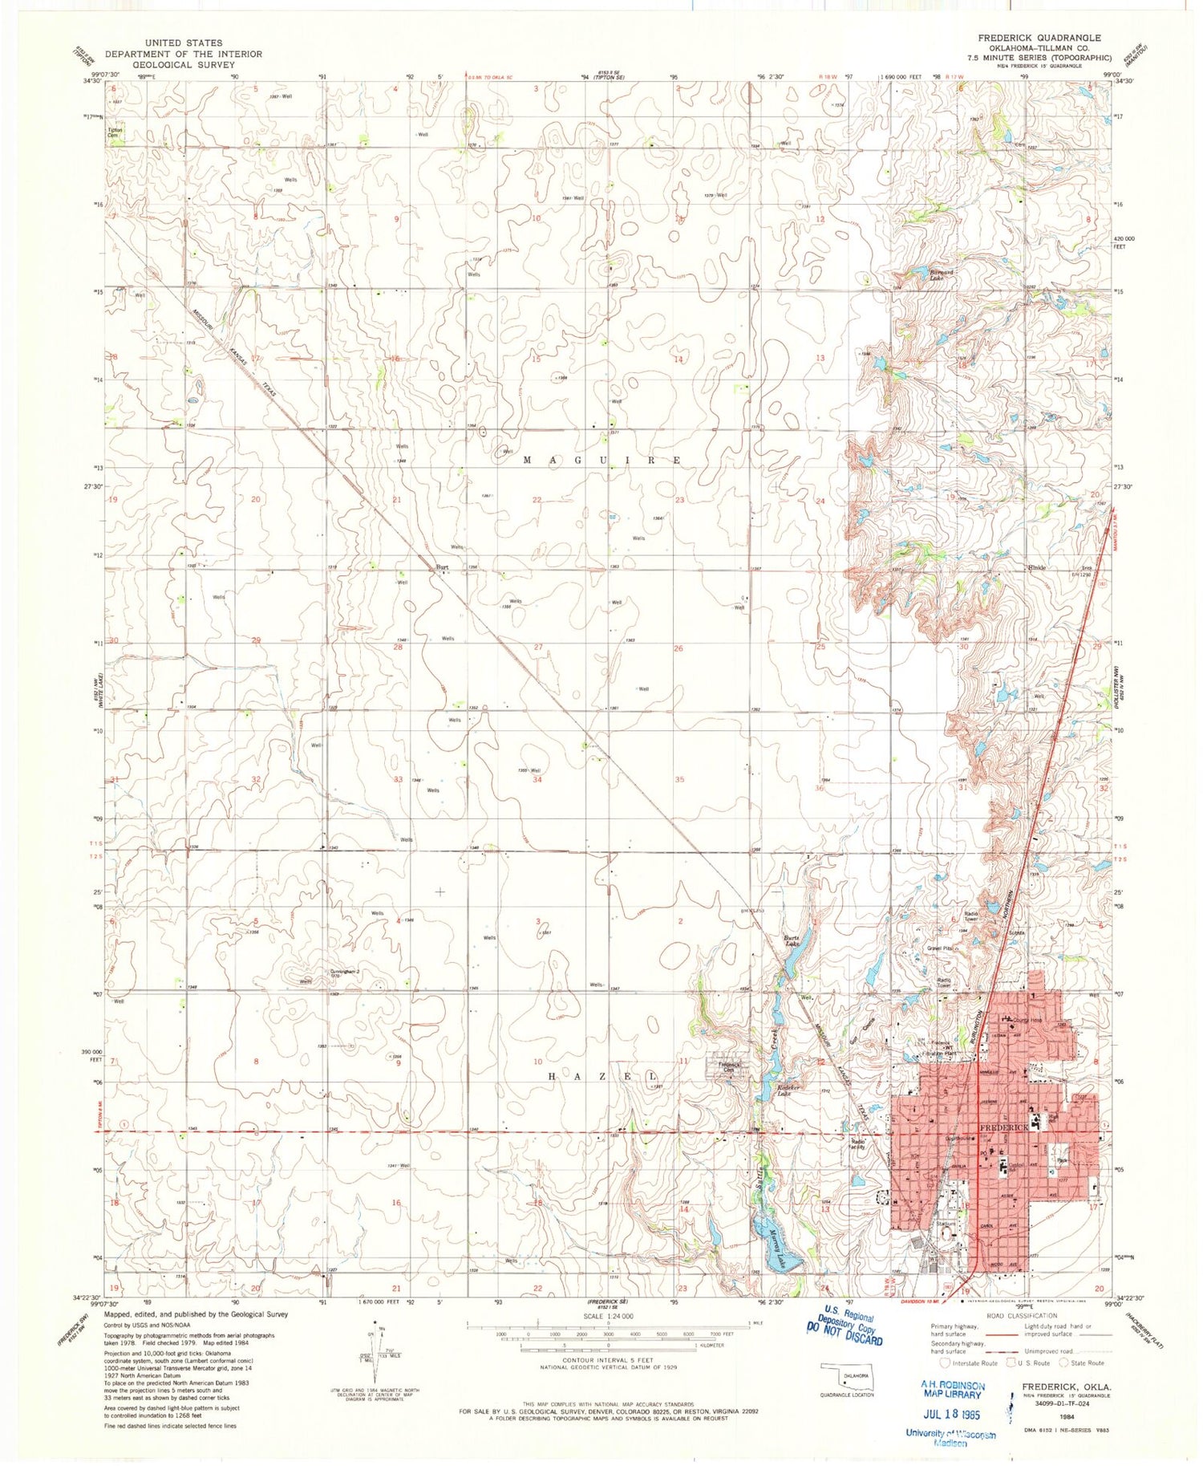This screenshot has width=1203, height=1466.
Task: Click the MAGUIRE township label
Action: (x=602, y=460)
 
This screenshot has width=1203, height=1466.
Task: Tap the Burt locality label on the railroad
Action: (x=441, y=567)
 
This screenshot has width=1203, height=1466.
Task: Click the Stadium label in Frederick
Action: (x=946, y=1224)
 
